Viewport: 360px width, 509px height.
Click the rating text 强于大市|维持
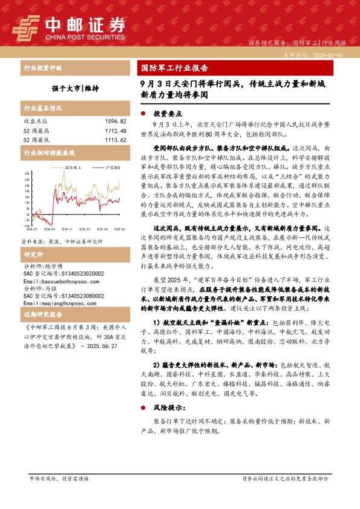(x=74, y=87)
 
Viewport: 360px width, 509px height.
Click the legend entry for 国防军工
(x=73, y=166)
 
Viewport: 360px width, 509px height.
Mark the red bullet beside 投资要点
(x=143, y=113)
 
